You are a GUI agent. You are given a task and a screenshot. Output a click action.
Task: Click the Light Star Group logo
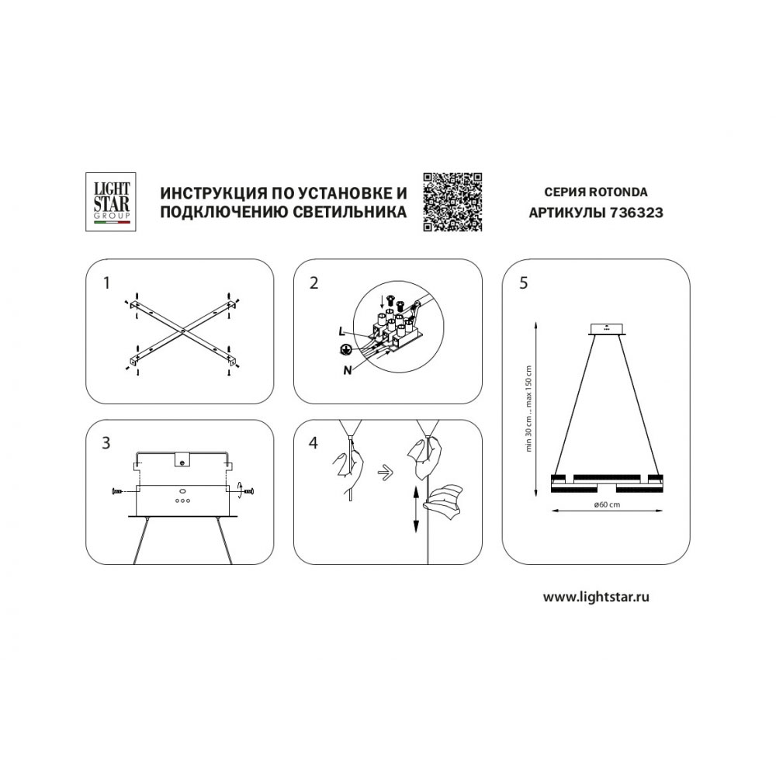(111, 202)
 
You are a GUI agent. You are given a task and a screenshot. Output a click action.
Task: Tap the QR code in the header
(452, 202)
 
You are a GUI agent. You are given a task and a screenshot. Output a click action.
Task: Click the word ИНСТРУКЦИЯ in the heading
(208, 192)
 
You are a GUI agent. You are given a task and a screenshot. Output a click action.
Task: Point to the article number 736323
(636, 213)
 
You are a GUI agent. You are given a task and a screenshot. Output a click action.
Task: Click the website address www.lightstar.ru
(596, 597)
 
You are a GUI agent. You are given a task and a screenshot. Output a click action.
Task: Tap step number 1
(106, 283)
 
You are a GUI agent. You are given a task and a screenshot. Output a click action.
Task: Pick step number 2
(314, 283)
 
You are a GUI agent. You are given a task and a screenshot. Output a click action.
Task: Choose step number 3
(106, 443)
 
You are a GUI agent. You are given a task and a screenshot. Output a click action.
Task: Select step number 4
(314, 443)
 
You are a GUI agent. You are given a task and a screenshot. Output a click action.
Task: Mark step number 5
(524, 283)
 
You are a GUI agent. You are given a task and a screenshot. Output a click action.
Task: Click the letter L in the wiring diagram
(341, 332)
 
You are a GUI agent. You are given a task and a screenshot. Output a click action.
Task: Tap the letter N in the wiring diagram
(348, 369)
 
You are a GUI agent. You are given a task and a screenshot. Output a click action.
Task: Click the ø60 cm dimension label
(607, 504)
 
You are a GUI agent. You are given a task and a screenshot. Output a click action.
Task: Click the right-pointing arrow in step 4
(385, 472)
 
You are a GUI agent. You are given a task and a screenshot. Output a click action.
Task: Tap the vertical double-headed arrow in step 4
(416, 509)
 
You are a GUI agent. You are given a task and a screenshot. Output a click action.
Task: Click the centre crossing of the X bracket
(183, 330)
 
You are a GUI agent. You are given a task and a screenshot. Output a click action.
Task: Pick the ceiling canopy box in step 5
(607, 328)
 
